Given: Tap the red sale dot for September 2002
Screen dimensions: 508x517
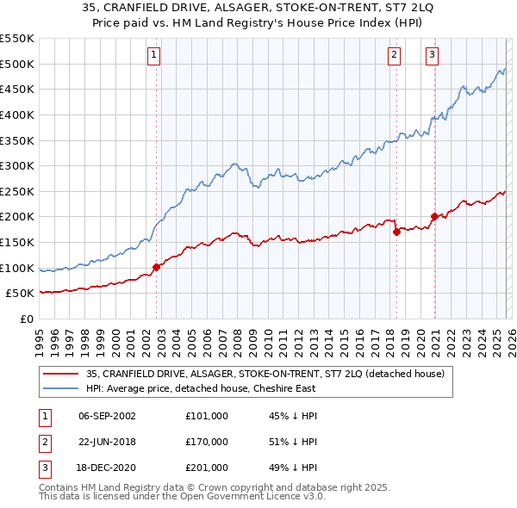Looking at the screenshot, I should tap(156, 267).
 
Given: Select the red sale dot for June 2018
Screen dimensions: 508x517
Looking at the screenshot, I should tap(396, 232).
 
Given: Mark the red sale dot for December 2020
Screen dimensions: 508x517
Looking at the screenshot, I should tap(434, 216).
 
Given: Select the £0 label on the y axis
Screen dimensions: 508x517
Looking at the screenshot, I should tap(25, 319).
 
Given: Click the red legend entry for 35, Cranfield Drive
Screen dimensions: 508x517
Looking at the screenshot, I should tap(265, 374).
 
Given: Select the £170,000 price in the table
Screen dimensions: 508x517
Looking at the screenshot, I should tap(206, 442).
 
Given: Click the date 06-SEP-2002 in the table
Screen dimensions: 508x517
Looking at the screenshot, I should tap(107, 416).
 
